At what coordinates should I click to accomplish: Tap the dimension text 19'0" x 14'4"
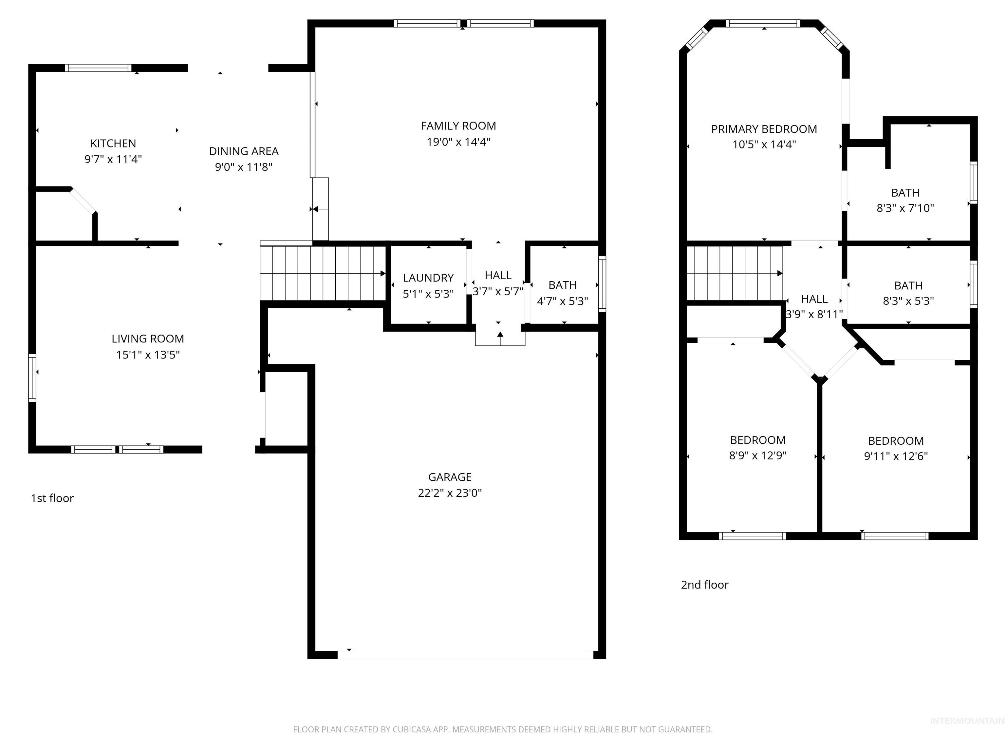pyautogui.click(x=458, y=142)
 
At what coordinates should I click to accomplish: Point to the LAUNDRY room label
pyautogui.click(x=428, y=278)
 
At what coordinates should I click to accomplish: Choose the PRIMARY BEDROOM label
pyautogui.click(x=764, y=129)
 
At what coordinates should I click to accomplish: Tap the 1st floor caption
pyautogui.click(x=52, y=498)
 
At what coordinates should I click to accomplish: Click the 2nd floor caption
pyautogui.click(x=704, y=585)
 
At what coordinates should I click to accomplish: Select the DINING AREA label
pyautogui.click(x=243, y=151)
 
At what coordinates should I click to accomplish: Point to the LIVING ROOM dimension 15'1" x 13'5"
pyautogui.click(x=147, y=355)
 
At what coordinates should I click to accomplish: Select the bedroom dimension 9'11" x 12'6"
pyautogui.click(x=896, y=456)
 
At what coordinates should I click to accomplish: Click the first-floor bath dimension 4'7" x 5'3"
pyautogui.click(x=562, y=301)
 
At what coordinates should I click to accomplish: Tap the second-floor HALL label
pyautogui.click(x=814, y=299)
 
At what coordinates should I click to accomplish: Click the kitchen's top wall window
pyautogui.click(x=98, y=68)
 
